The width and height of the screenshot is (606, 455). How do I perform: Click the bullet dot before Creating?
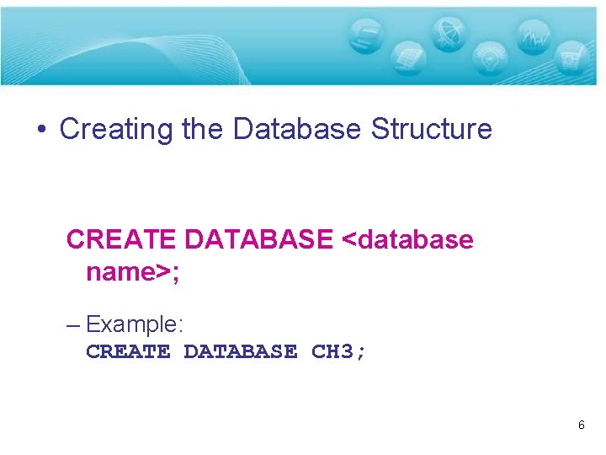[x=41, y=131]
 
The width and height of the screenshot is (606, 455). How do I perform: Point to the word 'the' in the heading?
[x=203, y=130]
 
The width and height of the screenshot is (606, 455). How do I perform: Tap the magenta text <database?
[x=408, y=240]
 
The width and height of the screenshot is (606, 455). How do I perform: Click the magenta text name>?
[x=133, y=272]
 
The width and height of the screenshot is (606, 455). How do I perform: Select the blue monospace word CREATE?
[x=128, y=351]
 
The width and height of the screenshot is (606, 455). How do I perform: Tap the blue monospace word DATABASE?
[x=240, y=351]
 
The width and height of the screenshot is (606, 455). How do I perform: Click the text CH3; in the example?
[x=338, y=351]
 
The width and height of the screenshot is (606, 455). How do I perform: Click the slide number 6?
[x=581, y=426]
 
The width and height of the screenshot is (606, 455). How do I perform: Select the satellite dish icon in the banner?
[x=446, y=35]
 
